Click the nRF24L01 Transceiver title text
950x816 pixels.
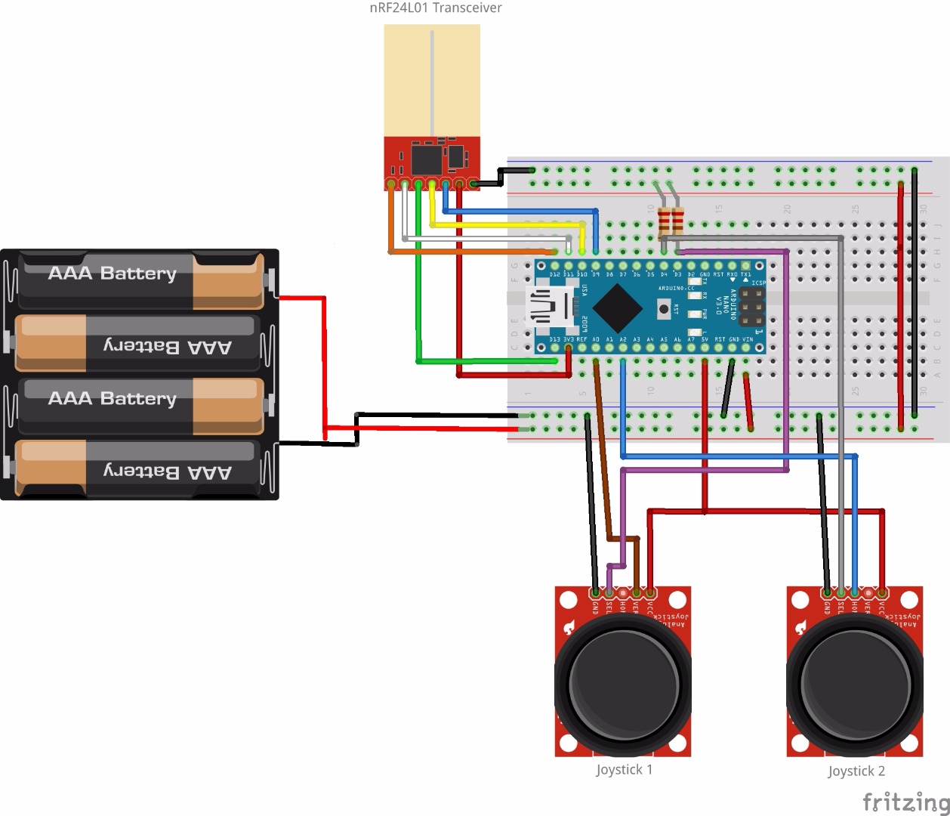(x=435, y=8)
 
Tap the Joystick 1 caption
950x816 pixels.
(x=624, y=770)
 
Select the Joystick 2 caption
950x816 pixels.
(x=856, y=771)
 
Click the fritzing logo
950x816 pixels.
(x=905, y=802)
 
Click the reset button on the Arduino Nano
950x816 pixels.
(x=664, y=308)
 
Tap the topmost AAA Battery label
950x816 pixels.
(x=112, y=274)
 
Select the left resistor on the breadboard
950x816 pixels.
(x=664, y=221)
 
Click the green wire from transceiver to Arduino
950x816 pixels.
(x=418, y=302)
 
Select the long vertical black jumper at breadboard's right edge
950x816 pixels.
(x=915, y=295)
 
